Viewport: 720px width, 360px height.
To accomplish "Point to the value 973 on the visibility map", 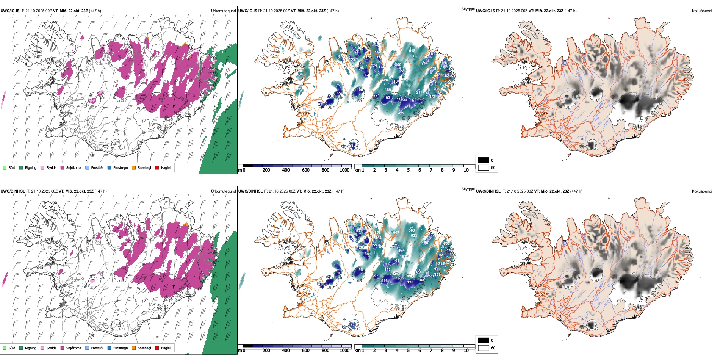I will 413,56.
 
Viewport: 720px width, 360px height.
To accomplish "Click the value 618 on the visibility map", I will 412,51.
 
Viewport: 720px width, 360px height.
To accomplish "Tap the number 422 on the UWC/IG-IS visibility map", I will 401,113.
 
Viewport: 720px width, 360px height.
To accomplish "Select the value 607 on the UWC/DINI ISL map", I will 396,233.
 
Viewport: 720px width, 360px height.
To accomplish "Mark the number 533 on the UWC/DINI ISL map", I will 414,236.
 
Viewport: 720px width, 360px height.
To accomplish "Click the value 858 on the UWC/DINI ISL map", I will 377,233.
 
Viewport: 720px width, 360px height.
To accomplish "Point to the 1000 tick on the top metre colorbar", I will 344,171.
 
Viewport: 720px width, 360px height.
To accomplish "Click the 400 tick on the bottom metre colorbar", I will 286,351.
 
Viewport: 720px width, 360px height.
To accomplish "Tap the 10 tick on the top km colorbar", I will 466,171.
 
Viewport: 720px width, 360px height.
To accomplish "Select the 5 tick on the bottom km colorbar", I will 409,351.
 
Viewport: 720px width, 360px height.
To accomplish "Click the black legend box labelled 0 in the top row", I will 484,160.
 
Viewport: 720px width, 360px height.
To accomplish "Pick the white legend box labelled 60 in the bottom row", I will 484,348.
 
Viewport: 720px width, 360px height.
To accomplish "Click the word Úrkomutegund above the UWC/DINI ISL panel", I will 223,191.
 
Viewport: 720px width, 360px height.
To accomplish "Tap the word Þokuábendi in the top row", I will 702,11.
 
